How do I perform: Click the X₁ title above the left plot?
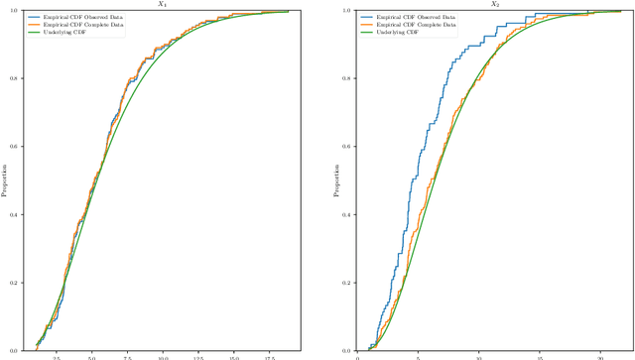coord(162,4)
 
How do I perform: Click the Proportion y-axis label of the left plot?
coord(4,180)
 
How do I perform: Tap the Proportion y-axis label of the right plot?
coord(334,180)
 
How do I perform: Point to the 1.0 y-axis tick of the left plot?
coord(12,10)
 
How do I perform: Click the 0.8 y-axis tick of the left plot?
coord(12,78)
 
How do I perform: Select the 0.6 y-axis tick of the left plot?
coord(12,147)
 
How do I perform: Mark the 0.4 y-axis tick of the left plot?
coord(12,214)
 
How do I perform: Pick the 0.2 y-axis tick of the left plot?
coord(12,283)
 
